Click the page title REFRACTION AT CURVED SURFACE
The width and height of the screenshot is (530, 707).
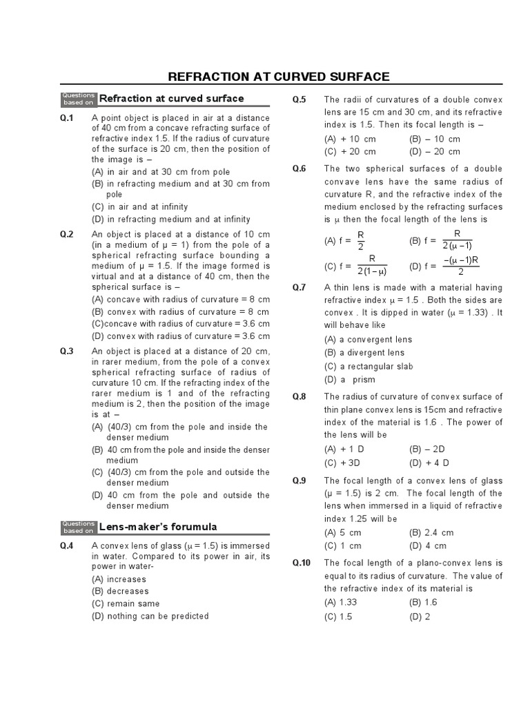click(279, 77)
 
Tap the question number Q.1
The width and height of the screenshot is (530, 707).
click(66, 119)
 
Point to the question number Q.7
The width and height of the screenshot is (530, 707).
click(298, 287)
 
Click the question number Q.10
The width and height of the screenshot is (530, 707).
click(301, 563)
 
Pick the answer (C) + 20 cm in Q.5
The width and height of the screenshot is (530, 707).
click(351, 152)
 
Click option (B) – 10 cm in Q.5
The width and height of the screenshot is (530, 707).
click(435, 139)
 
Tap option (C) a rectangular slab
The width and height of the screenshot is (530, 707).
click(369, 367)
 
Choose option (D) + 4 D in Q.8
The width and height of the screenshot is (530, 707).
click(429, 463)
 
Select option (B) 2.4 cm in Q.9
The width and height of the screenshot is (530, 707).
click(431, 533)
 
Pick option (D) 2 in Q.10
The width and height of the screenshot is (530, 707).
click(419, 617)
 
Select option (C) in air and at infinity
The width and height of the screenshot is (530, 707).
click(139, 206)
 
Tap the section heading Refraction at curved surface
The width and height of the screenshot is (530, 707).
click(171, 98)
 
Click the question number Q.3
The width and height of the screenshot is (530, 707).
click(66, 351)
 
